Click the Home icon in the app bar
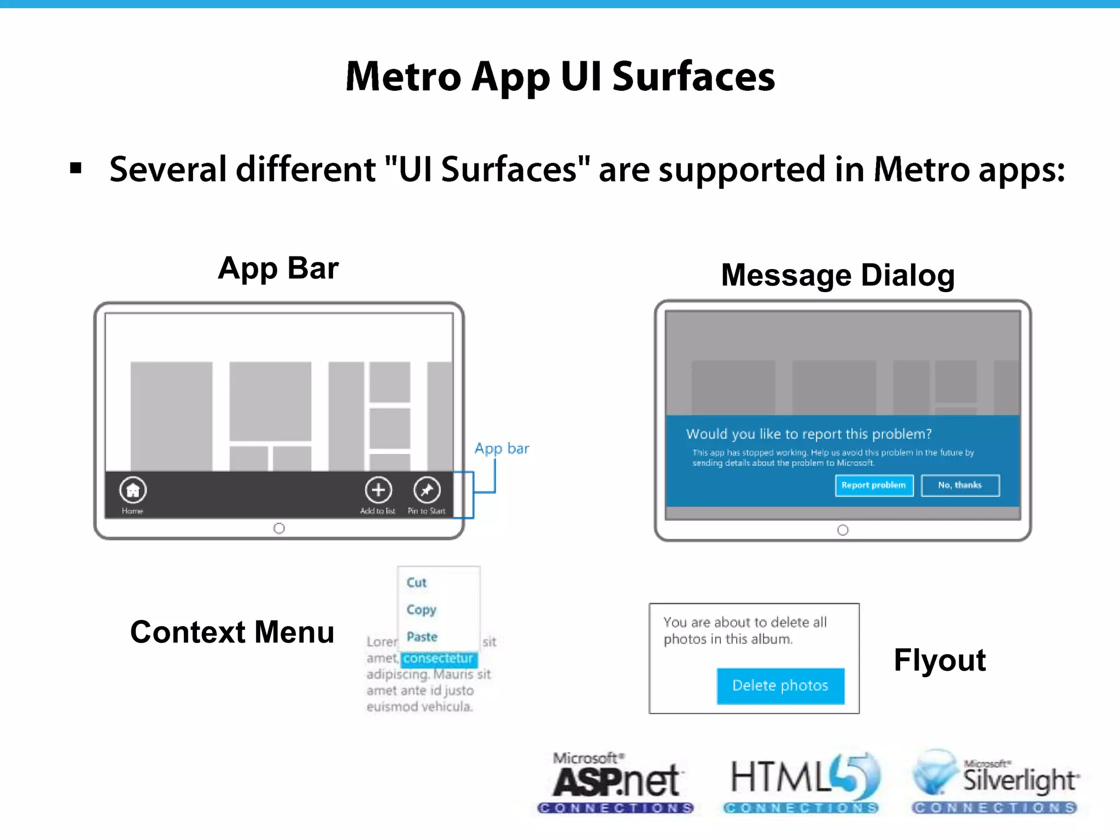coord(133,490)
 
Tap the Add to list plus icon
coord(378,490)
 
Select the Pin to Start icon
coord(427,490)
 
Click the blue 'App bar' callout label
coord(501,448)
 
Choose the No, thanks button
coord(960,485)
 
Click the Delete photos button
coord(780,686)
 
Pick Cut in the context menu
coord(417,582)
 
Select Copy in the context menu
coord(421,609)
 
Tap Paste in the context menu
coord(422,637)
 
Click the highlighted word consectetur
coord(439,658)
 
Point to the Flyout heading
coord(939,660)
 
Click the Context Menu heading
coord(232,632)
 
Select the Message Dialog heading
coord(837,275)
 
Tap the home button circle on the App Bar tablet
coord(279,528)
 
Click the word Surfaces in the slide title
coord(693,77)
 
